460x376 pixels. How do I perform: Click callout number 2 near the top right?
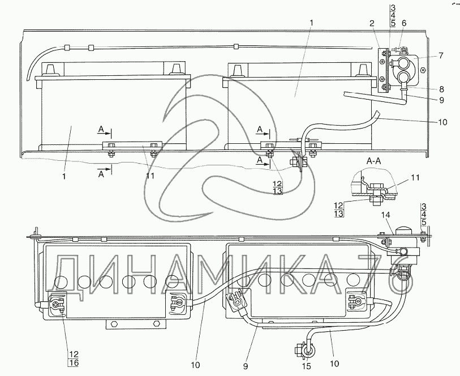tap(372, 23)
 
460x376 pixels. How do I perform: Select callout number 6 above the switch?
tap(404, 23)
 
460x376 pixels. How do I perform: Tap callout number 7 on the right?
tap(441, 55)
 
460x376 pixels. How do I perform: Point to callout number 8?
tap(441, 89)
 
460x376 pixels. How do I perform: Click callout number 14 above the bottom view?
tap(386, 215)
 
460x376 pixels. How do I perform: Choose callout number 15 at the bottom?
tap(307, 366)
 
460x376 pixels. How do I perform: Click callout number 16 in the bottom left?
tap(74, 363)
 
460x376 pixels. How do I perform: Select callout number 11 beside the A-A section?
tap(415, 177)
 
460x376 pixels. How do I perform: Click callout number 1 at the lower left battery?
tap(65, 177)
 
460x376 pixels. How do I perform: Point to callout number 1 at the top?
tap(312, 23)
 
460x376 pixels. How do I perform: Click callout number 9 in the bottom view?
tap(246, 366)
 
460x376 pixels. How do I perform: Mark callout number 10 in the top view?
tap(442, 122)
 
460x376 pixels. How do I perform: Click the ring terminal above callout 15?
tap(307, 351)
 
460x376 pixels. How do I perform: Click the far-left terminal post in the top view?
tap(50, 70)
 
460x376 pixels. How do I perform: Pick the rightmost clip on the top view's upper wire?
tap(236, 46)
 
